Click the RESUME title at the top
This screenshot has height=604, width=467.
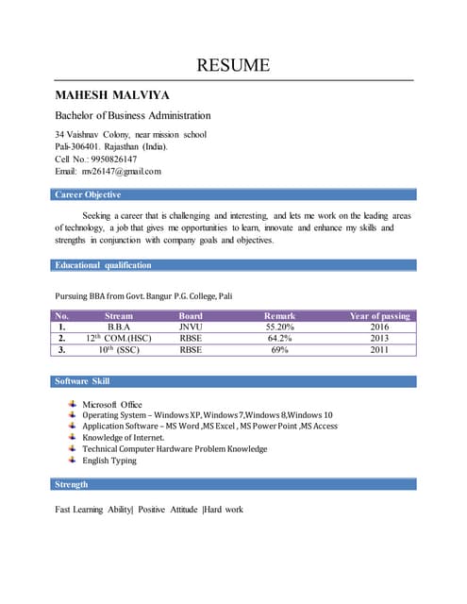(233, 65)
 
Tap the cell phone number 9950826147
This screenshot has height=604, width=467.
(110, 159)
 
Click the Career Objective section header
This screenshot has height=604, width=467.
(87, 195)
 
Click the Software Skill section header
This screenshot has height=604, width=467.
(82, 381)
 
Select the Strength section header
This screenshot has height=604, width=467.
(72, 484)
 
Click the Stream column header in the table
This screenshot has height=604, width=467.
(119, 316)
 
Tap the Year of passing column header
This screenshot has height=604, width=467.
(379, 316)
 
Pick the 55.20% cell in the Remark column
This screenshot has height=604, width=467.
(279, 327)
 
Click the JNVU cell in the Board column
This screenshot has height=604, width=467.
(191, 327)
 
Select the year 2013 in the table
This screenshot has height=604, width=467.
(379, 338)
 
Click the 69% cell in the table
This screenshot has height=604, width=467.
(279, 349)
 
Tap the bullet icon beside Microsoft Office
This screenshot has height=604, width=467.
(73, 403)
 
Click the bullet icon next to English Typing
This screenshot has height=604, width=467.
(73, 460)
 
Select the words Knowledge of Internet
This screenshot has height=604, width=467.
(124, 438)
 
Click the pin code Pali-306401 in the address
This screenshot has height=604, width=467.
(80, 147)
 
